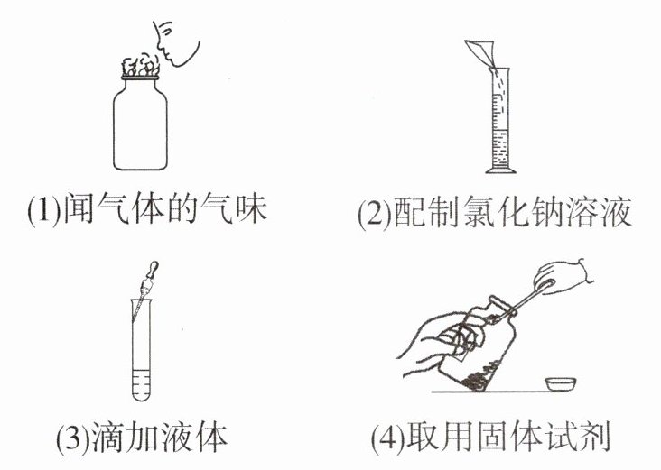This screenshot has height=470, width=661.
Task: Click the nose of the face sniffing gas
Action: [x=160, y=44]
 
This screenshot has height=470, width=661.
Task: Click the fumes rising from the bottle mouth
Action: [x=141, y=66]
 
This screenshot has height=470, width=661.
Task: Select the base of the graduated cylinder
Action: [x=500, y=170]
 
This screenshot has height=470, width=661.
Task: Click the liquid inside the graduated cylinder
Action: [x=500, y=147]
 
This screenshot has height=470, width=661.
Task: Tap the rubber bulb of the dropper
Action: [x=153, y=268]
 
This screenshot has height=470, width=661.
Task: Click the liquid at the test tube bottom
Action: [x=141, y=384]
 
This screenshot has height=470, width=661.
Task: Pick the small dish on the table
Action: [x=560, y=383]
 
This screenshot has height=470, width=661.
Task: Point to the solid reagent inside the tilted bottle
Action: [x=476, y=379]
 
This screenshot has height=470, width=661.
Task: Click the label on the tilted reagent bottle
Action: [x=465, y=341]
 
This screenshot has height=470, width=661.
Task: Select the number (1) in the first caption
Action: [x=44, y=209]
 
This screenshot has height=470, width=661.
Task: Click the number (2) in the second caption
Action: [x=375, y=214]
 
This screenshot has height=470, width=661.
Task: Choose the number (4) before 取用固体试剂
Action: [x=387, y=438]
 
